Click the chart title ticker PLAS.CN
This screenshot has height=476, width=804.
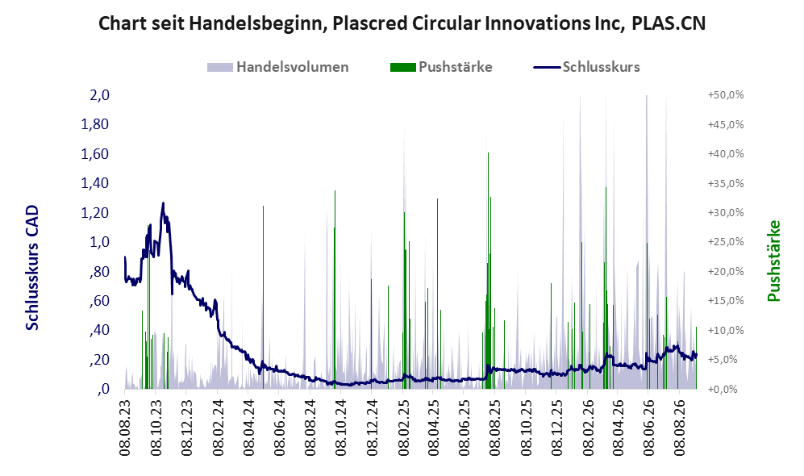(x=669, y=23)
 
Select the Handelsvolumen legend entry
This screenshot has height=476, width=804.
(x=278, y=67)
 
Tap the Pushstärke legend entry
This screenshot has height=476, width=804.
(x=441, y=67)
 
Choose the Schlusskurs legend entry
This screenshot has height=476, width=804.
(x=586, y=67)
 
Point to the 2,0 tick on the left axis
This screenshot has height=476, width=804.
(x=100, y=95)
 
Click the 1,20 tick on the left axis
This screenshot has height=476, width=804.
(x=95, y=212)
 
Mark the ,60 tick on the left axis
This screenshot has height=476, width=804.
(x=99, y=301)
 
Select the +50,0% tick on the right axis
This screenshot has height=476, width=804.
(x=726, y=95)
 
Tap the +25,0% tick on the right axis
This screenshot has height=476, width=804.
(x=726, y=241)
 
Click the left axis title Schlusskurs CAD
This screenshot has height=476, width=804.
(x=31, y=267)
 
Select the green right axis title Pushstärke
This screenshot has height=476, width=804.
(x=773, y=261)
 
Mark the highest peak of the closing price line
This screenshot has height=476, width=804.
(x=163, y=203)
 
